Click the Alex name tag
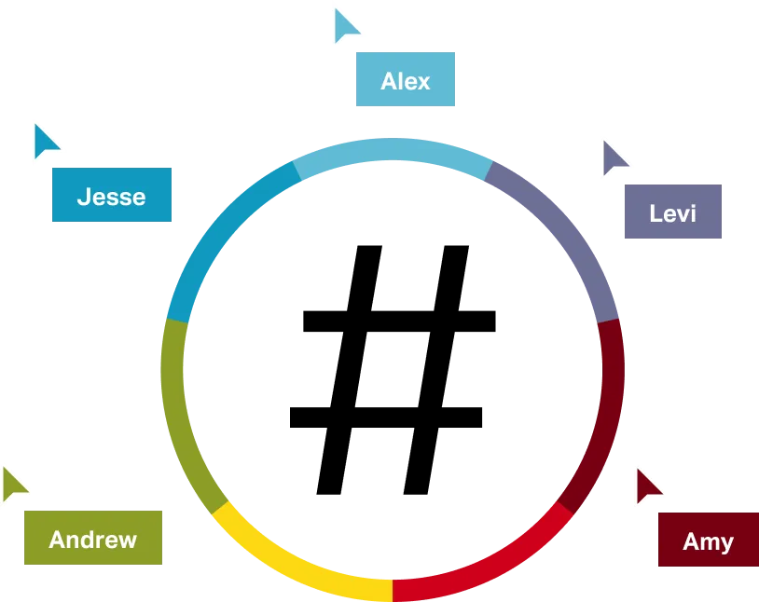(403, 81)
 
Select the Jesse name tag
(111, 195)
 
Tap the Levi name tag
(671, 210)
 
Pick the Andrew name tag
(92, 537)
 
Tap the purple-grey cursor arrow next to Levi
(614, 157)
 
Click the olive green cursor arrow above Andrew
(14, 484)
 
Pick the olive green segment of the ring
(177, 410)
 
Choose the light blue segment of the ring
(392, 150)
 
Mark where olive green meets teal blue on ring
(177, 321)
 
